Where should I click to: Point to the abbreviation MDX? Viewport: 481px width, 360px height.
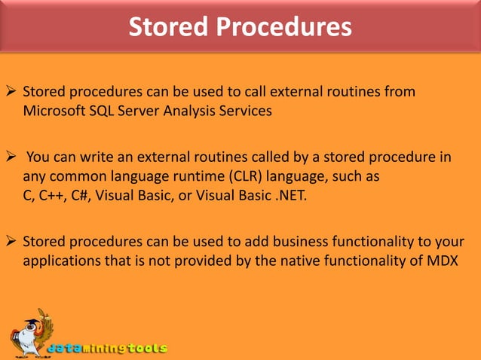[x=443, y=261]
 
